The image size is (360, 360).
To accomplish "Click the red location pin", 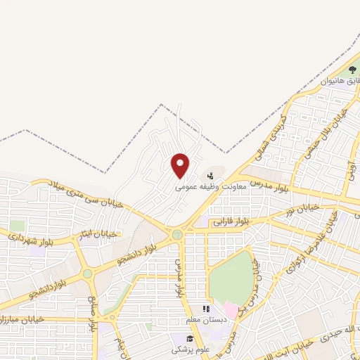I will [181, 165].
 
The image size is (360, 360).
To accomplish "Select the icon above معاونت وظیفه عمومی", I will [211, 176].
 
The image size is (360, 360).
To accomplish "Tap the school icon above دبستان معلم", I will [205, 309].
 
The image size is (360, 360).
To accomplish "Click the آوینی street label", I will [351, 169].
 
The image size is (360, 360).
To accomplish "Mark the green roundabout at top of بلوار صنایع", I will [87, 274].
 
